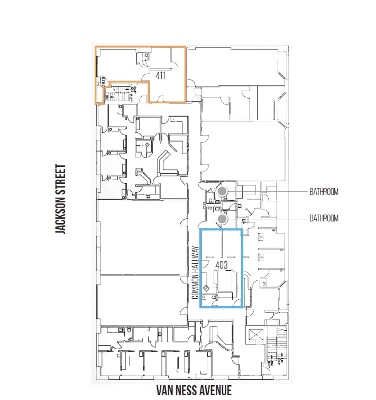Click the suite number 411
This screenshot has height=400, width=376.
point(161,75)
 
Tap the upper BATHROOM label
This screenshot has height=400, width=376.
point(324,192)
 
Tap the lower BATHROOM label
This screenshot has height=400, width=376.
point(324,218)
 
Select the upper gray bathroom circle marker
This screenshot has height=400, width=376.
point(223,191)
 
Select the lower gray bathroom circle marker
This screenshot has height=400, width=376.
point(223,218)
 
